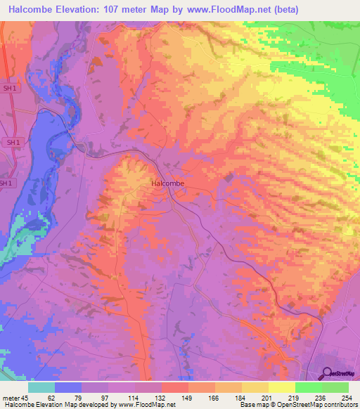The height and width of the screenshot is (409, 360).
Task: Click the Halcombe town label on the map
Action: pos(168,183)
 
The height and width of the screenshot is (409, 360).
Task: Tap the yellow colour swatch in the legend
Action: pos(282,387)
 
